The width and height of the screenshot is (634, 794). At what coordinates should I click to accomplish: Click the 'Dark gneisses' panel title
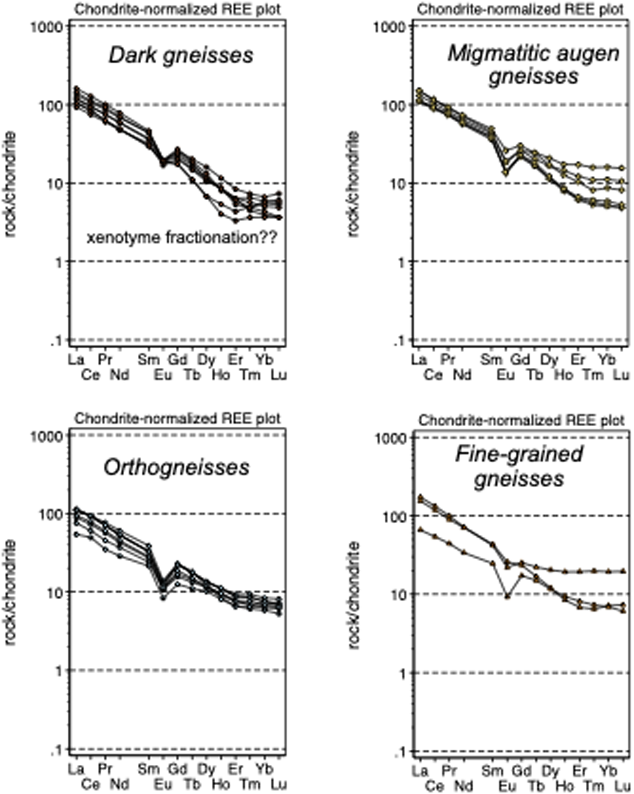click(181, 55)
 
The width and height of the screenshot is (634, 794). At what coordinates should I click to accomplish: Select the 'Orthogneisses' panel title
click(177, 468)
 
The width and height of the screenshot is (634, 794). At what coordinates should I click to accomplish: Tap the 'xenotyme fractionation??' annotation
click(182, 237)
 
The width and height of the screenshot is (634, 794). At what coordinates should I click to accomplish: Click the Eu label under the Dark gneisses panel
click(163, 375)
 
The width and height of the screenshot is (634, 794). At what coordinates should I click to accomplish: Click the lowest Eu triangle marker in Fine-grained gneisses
click(508, 596)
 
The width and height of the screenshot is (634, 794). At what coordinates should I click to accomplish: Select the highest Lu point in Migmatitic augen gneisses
click(622, 168)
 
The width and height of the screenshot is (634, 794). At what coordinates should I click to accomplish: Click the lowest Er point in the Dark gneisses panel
click(236, 221)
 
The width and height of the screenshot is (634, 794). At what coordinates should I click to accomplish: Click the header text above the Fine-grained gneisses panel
click(521, 420)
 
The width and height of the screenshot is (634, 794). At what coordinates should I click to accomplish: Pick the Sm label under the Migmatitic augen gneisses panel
click(491, 360)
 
